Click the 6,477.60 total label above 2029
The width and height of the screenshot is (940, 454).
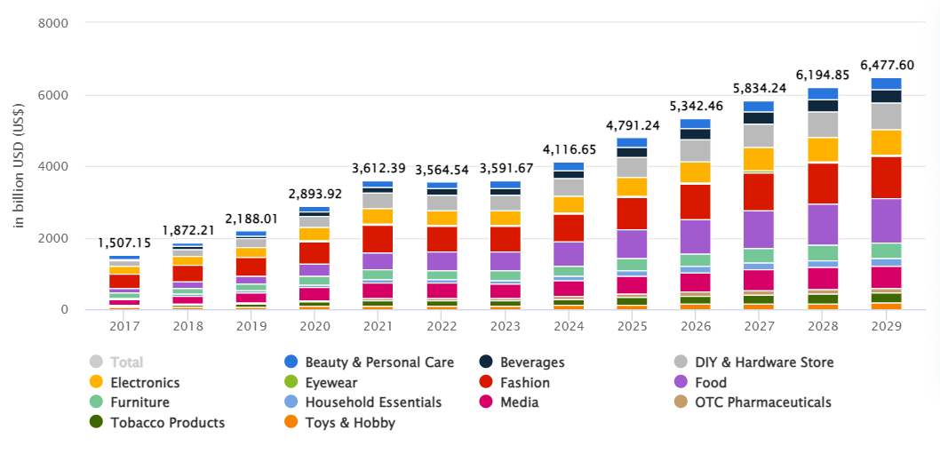click(886, 65)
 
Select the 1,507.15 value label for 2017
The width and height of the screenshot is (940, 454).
click(124, 243)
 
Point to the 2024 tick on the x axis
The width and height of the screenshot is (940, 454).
click(569, 326)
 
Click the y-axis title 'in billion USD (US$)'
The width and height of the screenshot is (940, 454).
click(19, 166)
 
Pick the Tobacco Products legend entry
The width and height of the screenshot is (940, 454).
click(167, 423)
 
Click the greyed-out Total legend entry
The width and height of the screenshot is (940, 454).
click(127, 362)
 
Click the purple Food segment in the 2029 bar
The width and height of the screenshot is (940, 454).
click(886, 220)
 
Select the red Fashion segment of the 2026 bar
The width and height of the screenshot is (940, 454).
click(695, 201)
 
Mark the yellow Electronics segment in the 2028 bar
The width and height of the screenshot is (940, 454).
click(823, 149)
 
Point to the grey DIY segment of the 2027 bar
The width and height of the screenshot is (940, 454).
click(759, 135)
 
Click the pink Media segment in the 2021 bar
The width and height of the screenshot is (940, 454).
click(378, 290)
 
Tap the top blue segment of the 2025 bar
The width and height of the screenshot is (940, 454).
click(632, 142)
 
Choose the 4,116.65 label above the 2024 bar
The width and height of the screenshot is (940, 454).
click(569, 151)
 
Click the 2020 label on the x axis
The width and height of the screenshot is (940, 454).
click(315, 326)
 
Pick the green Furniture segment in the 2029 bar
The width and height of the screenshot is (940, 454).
click(886, 251)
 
